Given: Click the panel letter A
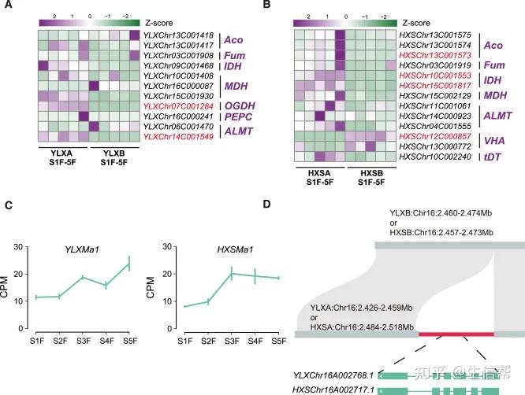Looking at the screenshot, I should click(8, 6).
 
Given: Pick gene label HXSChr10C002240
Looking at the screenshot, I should click(435, 157).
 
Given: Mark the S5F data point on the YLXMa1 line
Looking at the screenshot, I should click(128, 264).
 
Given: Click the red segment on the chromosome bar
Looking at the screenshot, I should click(456, 334).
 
